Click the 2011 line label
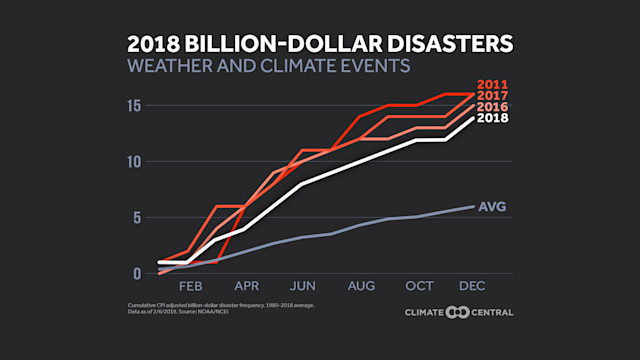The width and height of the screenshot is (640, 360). click(x=495, y=84)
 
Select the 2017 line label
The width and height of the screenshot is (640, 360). click(x=495, y=95)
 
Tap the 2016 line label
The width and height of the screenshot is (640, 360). click(x=495, y=107)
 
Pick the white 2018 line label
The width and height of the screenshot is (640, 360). click(x=495, y=118)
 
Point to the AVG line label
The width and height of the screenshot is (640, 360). click(x=493, y=207)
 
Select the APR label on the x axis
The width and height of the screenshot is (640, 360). click(x=246, y=286)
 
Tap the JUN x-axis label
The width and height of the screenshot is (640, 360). click(x=303, y=286)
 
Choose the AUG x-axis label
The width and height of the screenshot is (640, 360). click(x=361, y=286)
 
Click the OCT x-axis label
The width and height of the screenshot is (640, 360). click(x=419, y=286)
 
